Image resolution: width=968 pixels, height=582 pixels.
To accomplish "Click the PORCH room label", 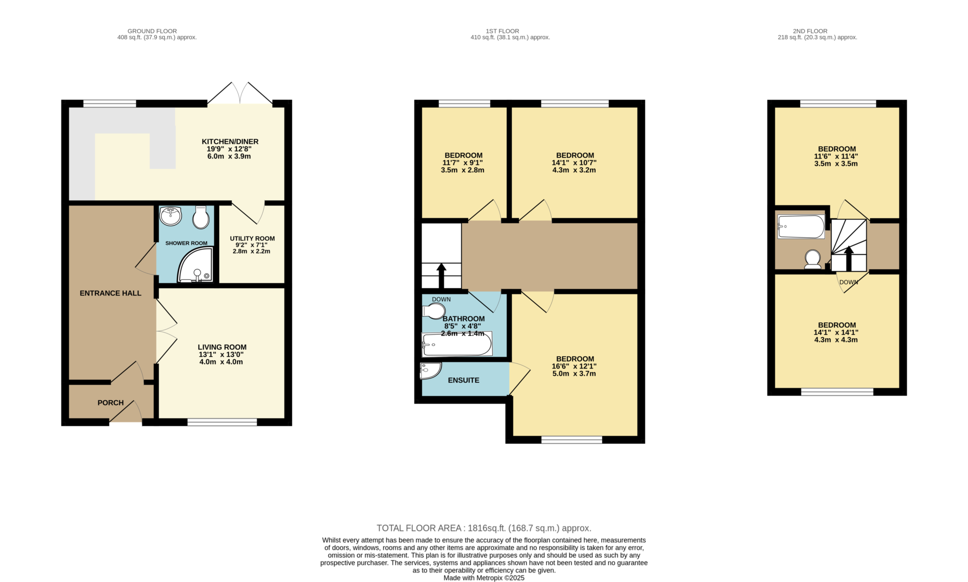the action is tap(111, 403).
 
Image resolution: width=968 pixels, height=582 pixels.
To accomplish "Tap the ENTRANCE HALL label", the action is tap(111, 293).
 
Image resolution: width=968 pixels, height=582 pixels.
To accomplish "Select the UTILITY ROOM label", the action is tap(252, 239).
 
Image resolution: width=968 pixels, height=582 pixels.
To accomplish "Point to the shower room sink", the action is tap(171, 216).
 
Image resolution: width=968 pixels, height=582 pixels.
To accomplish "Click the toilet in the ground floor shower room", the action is tap(201, 217).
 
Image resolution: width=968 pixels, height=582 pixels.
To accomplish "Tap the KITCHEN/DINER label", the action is tap(230, 142).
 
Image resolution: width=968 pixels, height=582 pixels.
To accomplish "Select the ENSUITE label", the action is tap(464, 380).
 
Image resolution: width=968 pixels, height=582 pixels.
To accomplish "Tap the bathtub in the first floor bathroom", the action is tap(457, 344).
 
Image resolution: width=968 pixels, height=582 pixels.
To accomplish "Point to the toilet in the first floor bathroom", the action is tap(434, 311).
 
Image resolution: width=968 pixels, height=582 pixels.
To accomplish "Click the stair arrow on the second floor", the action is tap(849, 258).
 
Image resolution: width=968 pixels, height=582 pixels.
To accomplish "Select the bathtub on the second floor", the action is tap(801, 227).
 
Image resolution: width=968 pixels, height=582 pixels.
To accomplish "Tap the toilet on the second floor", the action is tap(812, 259).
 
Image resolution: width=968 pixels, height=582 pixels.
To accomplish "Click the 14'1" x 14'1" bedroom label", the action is tap(837, 333).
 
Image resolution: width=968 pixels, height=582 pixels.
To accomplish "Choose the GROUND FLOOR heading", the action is tap(152, 31).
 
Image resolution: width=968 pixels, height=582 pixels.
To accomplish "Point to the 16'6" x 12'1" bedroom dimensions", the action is tap(574, 366).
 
